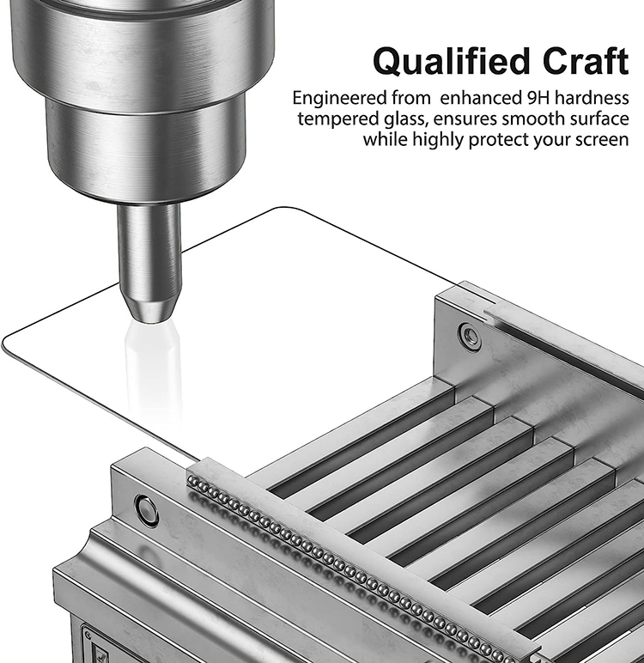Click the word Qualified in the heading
click(452, 62)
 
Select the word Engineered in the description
click(339, 99)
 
